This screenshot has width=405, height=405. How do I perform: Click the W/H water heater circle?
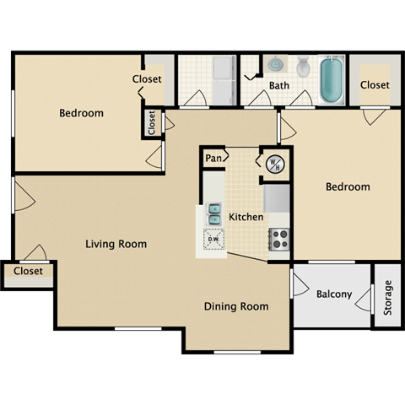coord(273,164)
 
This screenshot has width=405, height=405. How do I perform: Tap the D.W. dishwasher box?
coord(214,240)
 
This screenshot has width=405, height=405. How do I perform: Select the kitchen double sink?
coord(214,214)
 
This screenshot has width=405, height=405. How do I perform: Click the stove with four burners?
coord(278,240)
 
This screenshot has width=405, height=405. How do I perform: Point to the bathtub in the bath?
coord(331,78)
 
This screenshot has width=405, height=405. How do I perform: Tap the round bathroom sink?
coord(276,65)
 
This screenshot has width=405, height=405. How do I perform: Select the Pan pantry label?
coord(213,158)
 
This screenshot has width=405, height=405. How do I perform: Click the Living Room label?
coord(116,244)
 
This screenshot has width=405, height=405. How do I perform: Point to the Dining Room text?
coord(236,306)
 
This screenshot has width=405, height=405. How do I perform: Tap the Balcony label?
coord(333,295)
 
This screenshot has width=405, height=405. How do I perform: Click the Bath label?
coord(279,86)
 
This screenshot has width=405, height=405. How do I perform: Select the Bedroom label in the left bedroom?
coord(81,113)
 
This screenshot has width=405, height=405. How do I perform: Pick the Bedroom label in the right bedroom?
coord(348,187)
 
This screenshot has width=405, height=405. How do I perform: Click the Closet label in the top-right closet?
coord(375,84)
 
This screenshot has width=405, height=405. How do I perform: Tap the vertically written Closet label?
coord(152,123)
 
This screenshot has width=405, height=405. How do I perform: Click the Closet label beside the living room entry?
coord(28,272)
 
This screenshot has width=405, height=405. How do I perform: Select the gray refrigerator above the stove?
coord(278,199)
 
